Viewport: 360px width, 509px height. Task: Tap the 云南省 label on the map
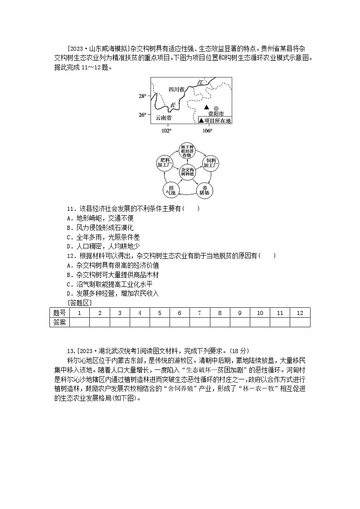164,117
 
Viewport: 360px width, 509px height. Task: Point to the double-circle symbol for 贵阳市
216,108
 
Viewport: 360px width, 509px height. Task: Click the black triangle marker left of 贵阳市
206,107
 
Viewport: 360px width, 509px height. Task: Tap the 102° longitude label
166,131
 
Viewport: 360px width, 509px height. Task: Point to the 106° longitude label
207,131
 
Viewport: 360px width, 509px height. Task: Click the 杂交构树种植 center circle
187,171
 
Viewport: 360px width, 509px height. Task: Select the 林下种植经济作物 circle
187,151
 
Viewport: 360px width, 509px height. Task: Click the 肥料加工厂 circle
164,162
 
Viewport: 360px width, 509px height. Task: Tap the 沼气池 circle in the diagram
171,189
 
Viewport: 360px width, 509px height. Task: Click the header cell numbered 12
300,313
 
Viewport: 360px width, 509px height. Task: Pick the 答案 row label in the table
59,322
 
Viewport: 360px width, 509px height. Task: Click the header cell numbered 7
199,313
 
